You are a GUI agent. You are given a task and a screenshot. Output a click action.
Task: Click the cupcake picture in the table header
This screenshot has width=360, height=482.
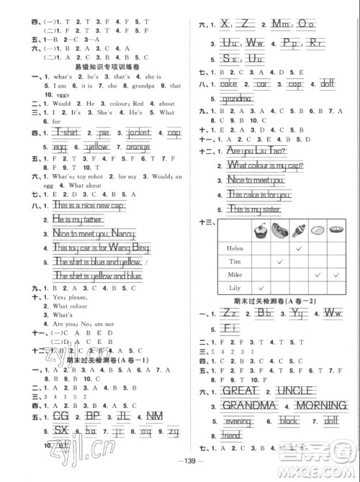pos(257,232)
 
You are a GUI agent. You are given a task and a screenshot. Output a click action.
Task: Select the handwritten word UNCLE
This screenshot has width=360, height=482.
pos(310,392)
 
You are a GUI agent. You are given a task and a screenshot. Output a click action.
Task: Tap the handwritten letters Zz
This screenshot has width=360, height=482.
pos(230,312)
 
